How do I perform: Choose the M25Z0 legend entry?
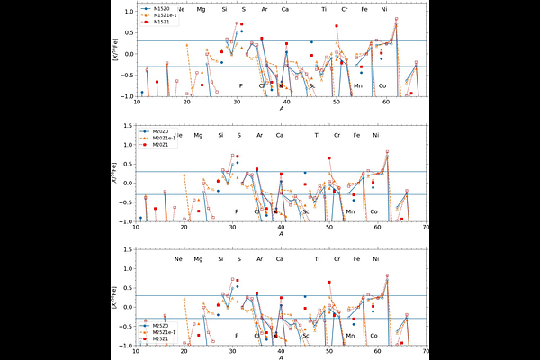[162, 324]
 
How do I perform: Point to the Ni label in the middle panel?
[376, 135]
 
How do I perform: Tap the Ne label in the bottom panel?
[178, 259]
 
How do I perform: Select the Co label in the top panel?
[382, 85]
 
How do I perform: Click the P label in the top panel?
[241, 85]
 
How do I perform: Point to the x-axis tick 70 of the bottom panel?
[425, 353]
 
